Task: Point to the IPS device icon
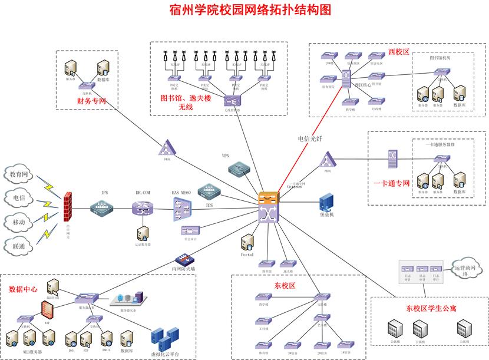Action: point(101,207)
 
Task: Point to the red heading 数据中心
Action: point(24,289)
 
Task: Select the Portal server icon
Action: point(248,242)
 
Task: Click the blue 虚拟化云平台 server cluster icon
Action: point(163,339)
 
